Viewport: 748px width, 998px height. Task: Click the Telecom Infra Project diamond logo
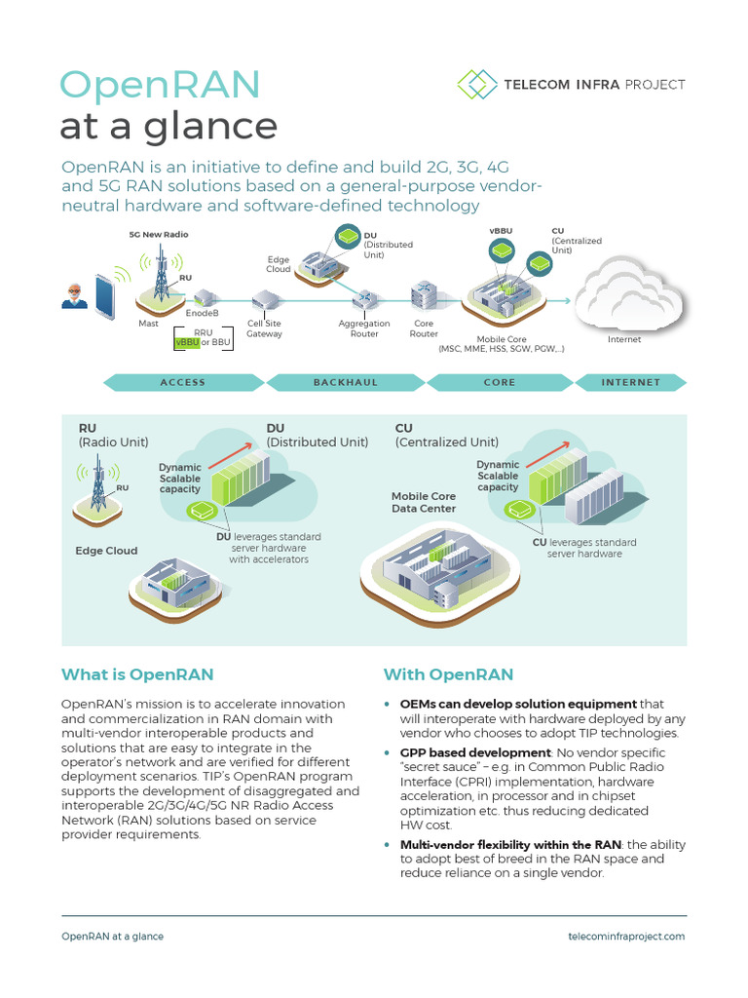476,84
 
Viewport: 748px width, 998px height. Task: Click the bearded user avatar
74,295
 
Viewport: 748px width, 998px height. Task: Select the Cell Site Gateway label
264,328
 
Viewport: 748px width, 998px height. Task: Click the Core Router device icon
424,293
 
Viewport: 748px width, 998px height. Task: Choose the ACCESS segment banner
183,382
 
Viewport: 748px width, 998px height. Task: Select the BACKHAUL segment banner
346,382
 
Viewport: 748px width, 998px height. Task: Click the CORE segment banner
500,382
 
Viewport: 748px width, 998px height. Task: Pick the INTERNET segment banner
630,382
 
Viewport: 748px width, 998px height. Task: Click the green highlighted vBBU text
187,343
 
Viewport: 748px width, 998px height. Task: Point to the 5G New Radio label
159,235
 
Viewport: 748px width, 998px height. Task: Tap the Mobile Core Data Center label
424,502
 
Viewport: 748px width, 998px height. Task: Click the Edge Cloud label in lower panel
107,551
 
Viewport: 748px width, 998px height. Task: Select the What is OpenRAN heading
137,674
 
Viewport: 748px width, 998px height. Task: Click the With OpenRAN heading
448,674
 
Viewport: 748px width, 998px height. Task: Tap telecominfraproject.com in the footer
626,936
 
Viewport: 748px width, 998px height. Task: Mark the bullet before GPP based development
389,753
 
